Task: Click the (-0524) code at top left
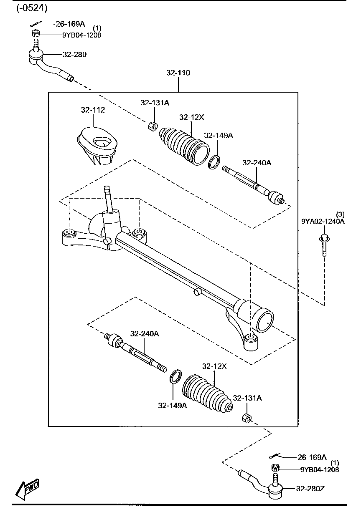(32, 8)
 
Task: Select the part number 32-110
(178, 73)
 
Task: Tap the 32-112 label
(93, 110)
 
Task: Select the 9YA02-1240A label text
(323, 221)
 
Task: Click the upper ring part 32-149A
(214, 162)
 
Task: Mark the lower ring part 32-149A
(175, 376)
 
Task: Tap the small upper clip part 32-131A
(153, 125)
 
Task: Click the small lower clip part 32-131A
(247, 418)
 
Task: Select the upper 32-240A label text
(257, 163)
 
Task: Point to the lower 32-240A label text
(144, 334)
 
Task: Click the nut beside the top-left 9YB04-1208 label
(36, 33)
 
